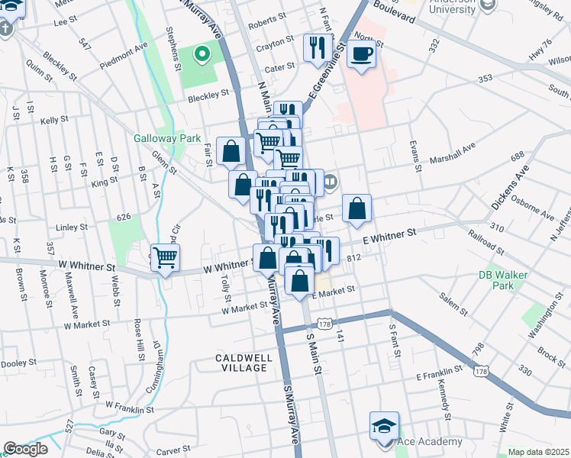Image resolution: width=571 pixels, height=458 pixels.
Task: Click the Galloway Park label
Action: click(166, 138)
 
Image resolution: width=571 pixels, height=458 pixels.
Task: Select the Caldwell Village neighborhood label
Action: click(241, 362)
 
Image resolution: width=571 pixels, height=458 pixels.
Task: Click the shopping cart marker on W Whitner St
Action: click(165, 258)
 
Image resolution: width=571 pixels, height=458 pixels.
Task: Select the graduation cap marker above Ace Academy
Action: click(384, 426)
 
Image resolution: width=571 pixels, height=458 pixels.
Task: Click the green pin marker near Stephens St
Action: click(202, 54)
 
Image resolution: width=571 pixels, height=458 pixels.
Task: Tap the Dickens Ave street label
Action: click(510, 191)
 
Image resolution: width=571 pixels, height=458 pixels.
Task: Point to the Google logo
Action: click(25, 449)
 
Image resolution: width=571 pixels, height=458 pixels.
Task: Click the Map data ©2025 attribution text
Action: click(538, 452)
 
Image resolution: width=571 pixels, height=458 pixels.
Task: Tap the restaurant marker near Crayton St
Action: click(315, 47)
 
